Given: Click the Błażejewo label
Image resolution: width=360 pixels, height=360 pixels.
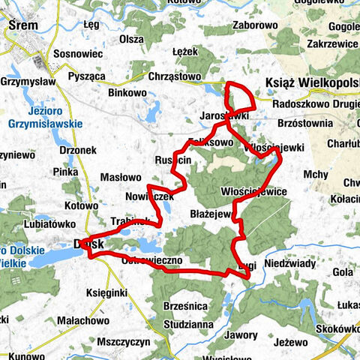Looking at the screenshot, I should [211, 214].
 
